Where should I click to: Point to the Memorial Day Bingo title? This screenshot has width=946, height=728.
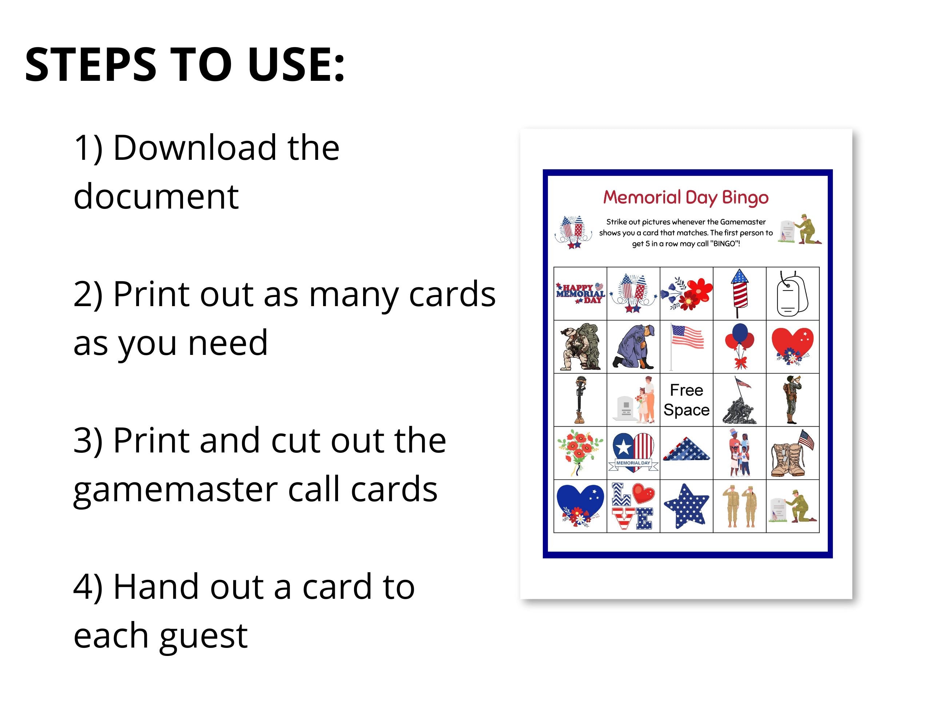click(x=686, y=198)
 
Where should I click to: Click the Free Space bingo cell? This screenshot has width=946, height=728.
click(x=686, y=400)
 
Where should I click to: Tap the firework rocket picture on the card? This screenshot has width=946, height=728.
click(x=739, y=293)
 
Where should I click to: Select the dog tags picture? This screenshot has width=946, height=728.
click(x=792, y=293)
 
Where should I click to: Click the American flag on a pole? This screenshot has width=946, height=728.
click(x=686, y=346)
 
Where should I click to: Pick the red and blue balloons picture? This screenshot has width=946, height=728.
click(x=740, y=346)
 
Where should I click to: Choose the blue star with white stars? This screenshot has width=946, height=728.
click(x=686, y=506)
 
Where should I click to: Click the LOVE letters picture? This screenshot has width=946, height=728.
click(x=633, y=506)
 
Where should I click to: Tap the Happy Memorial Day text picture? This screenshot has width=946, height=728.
click(x=580, y=293)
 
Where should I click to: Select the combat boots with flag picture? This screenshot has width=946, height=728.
click(x=792, y=453)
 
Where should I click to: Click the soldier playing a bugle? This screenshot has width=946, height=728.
click(x=792, y=400)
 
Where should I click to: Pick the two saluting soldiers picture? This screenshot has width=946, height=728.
click(x=739, y=506)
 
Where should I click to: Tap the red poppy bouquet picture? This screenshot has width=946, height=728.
click(x=580, y=452)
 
